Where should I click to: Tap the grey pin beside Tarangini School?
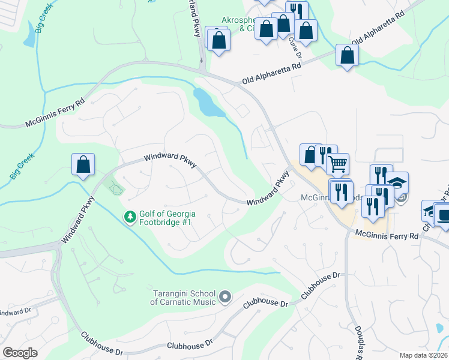coord(225,296)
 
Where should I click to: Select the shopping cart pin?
coord(338,163)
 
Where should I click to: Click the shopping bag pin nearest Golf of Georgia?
coord(83,166)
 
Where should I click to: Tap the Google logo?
coord(20,353)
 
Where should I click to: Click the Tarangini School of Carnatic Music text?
coord(183,297)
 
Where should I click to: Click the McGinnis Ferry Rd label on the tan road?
coord(386,236)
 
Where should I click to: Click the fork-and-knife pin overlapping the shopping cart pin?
coord(325,155)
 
